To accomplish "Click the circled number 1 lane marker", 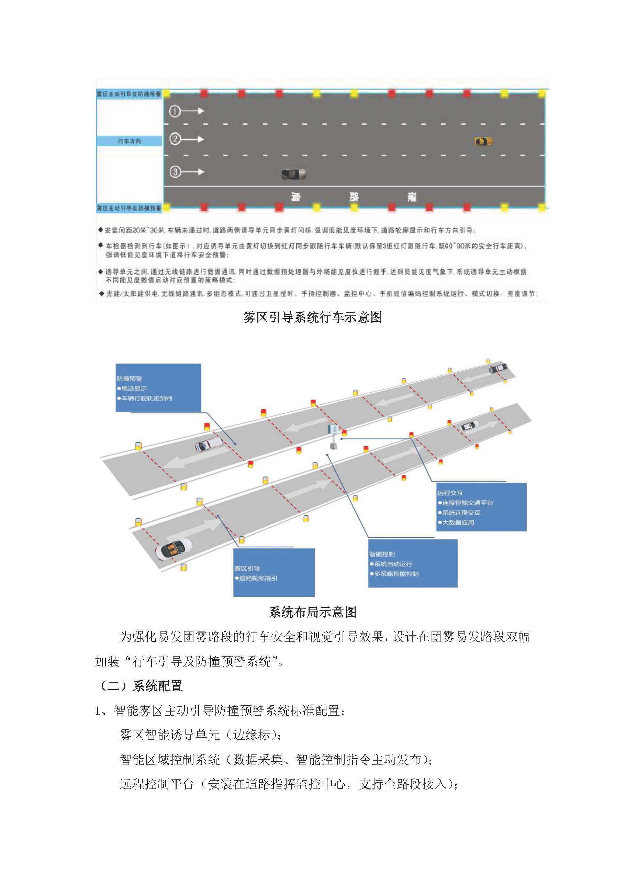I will (175, 111).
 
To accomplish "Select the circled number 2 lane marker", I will (175, 139).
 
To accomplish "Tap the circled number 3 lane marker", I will (175, 172).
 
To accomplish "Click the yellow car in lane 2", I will (483, 141).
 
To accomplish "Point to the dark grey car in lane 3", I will (294, 174).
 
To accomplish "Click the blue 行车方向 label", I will (129, 141).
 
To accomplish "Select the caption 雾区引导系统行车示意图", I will (312, 317).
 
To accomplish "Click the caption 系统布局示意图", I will (312, 612).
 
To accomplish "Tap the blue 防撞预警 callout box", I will (158, 387).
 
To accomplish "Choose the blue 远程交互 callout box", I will (481, 507).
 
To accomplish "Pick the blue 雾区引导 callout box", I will (274, 572).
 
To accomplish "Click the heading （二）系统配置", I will (141, 686).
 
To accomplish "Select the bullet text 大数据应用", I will (458, 523).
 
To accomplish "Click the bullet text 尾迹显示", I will (134, 389).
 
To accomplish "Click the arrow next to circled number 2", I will (193, 139).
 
